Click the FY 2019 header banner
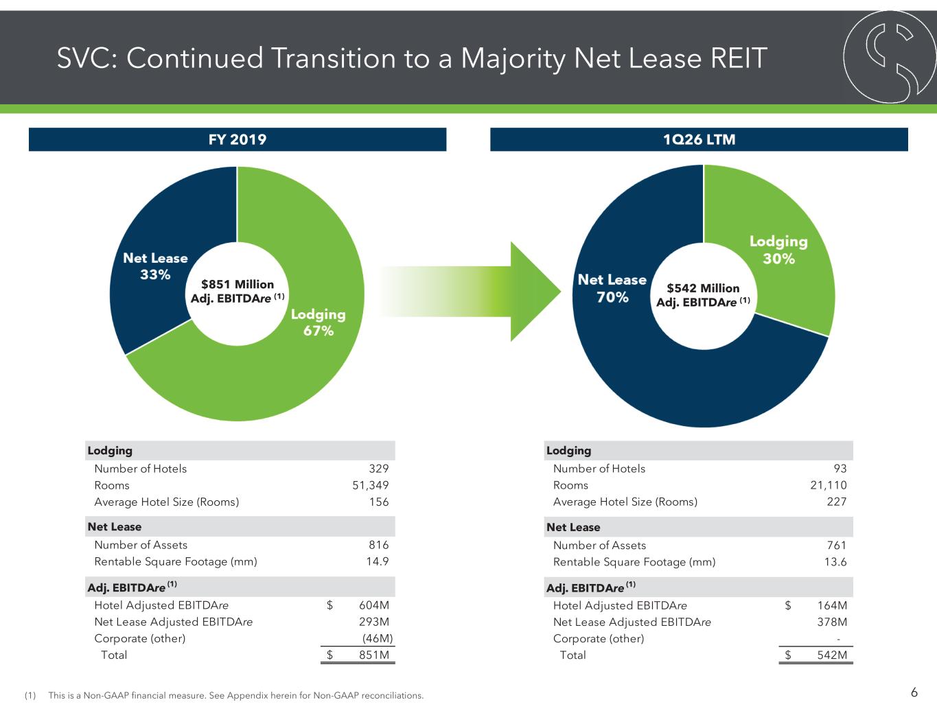[237, 139]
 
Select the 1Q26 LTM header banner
[699, 139]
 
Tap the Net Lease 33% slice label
[155, 266]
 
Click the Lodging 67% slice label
[319, 322]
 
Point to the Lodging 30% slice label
[778, 250]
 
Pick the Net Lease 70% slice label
[612, 288]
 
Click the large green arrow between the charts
[470, 292]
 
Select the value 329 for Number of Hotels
[379, 469]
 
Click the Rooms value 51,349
[371, 485]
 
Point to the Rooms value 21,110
[829, 485]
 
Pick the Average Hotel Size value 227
[837, 502]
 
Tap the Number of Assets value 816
[379, 545]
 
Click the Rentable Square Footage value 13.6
[835, 561]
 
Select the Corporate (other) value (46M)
[378, 638]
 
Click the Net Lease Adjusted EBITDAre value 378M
[832, 622]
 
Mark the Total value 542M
[832, 655]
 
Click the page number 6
[914, 692]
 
